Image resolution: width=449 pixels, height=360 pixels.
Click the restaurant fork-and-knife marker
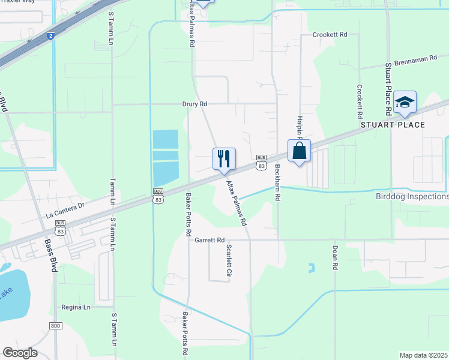click(x=224, y=159)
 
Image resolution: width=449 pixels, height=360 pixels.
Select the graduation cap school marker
click(x=405, y=103)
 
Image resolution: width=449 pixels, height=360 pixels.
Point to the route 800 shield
click(x=56, y=325)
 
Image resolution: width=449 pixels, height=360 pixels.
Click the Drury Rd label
click(x=194, y=104)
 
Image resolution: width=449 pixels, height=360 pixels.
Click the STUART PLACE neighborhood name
click(x=392, y=125)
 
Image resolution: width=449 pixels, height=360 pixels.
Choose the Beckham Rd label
click(x=277, y=182)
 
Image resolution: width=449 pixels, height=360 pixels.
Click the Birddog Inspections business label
click(x=411, y=197)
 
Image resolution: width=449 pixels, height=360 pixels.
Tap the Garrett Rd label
click(x=209, y=239)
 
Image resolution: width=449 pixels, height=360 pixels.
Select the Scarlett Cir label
click(x=228, y=260)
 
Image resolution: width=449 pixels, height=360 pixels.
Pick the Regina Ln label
click(x=76, y=307)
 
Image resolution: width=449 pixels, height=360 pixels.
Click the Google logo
click(x=20, y=353)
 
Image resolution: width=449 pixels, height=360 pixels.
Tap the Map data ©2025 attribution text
click(x=423, y=355)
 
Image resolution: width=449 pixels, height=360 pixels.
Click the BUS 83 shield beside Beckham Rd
click(x=261, y=162)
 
